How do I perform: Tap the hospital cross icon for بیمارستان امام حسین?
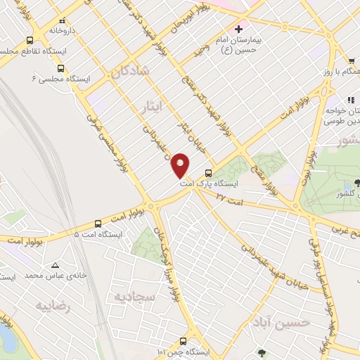(x=238, y=30)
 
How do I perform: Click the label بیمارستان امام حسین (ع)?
(x=238, y=46)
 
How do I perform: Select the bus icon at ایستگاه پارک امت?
(x=207, y=173)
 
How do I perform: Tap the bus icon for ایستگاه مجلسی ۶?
(x=60, y=69)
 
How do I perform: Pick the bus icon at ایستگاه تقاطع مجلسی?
(x=29, y=40)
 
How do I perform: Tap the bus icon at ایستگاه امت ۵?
(x=98, y=224)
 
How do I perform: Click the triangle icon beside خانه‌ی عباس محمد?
(x=55, y=265)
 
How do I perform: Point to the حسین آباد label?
(x=282, y=323)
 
